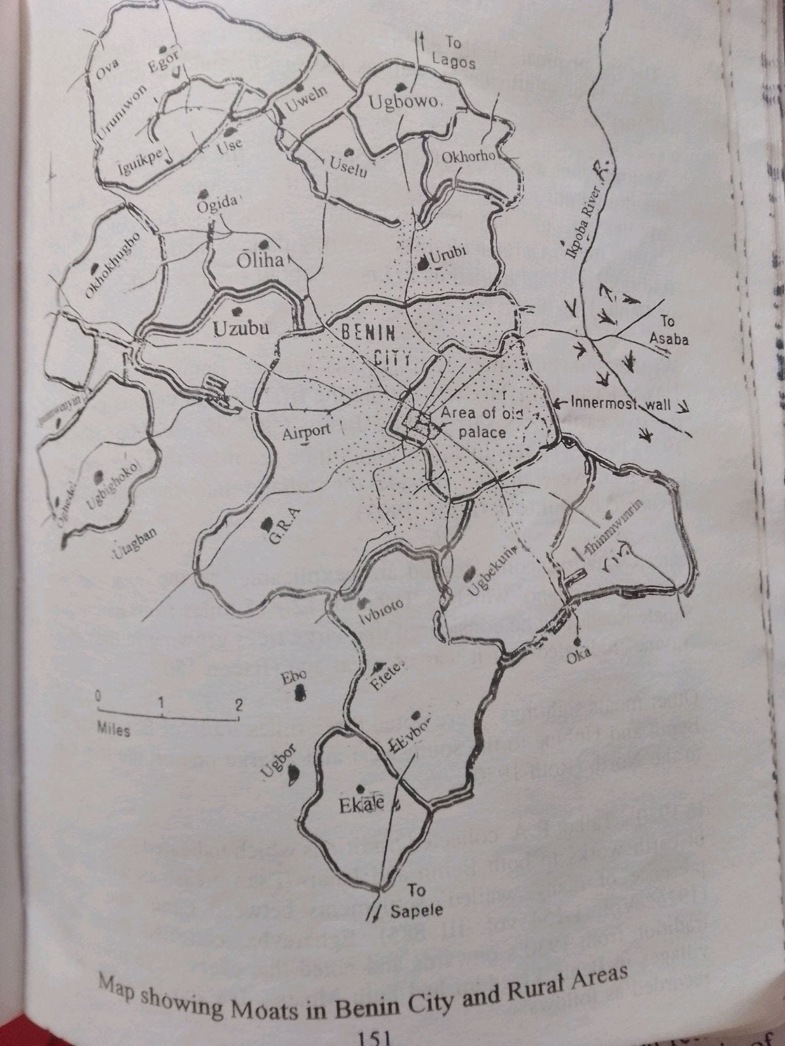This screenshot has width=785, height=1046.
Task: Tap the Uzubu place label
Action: [241, 328]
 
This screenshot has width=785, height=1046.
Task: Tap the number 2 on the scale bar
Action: [239, 704]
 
